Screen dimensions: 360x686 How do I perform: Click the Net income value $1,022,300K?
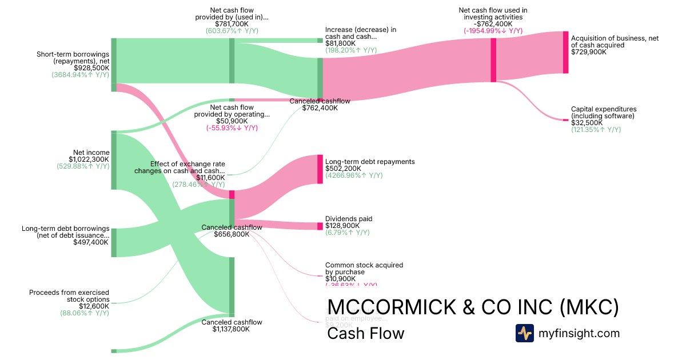point(89,159)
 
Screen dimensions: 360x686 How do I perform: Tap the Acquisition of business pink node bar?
point(566,52)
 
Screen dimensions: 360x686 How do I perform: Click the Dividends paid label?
point(349,219)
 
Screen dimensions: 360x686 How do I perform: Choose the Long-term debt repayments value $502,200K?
point(344,169)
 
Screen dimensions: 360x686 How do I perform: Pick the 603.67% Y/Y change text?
point(232,31)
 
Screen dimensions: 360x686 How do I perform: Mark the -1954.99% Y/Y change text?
point(493,31)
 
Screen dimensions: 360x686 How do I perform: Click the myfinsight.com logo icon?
point(524,333)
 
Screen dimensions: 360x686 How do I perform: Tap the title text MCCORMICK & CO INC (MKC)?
point(473,307)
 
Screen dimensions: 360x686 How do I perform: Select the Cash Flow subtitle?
point(365,333)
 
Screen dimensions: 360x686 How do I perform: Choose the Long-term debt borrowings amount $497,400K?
point(91,242)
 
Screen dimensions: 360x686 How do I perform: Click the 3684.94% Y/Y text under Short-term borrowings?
point(80,75)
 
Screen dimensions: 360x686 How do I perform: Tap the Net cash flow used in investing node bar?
point(493,60)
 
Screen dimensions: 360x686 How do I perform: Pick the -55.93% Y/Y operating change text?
point(232,129)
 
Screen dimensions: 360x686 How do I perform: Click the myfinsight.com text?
point(578,333)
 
